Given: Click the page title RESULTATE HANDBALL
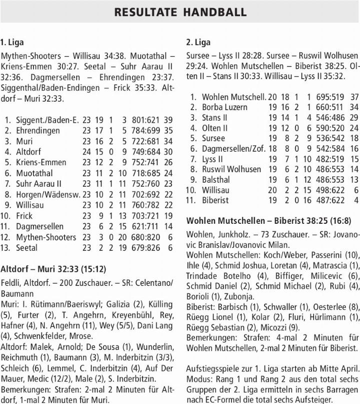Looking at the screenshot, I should click(180, 12).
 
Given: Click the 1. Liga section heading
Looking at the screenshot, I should click(12, 42).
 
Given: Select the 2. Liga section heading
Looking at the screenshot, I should click(198, 42).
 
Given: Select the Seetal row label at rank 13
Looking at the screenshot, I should click(26, 248).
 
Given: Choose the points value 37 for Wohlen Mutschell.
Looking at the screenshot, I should click(354, 97).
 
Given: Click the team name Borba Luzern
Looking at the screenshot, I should click(224, 107).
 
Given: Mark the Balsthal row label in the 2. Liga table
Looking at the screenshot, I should click(216, 179).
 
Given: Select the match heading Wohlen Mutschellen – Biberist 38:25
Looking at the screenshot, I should click(268, 221).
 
